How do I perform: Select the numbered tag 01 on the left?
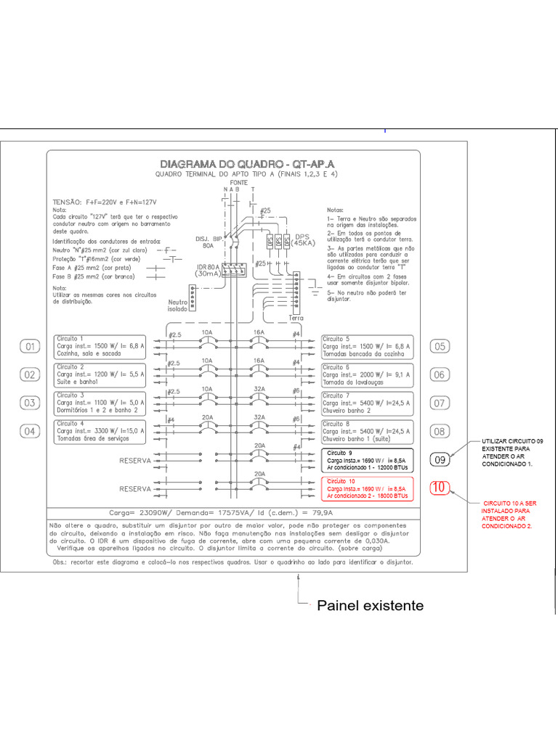31,347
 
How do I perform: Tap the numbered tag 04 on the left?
31,431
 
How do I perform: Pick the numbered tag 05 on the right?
440,347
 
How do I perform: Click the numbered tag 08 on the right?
440,431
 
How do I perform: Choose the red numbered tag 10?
440,488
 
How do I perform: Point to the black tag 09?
440,459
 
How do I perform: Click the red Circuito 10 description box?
367,488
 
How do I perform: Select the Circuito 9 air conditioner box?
367,459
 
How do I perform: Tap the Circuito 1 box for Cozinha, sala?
100,347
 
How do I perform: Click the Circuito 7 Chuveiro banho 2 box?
367,403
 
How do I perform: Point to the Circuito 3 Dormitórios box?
100,403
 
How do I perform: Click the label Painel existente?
370,605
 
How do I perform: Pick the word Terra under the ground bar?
296,318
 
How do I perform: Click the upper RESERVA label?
135,460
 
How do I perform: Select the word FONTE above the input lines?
239,183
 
